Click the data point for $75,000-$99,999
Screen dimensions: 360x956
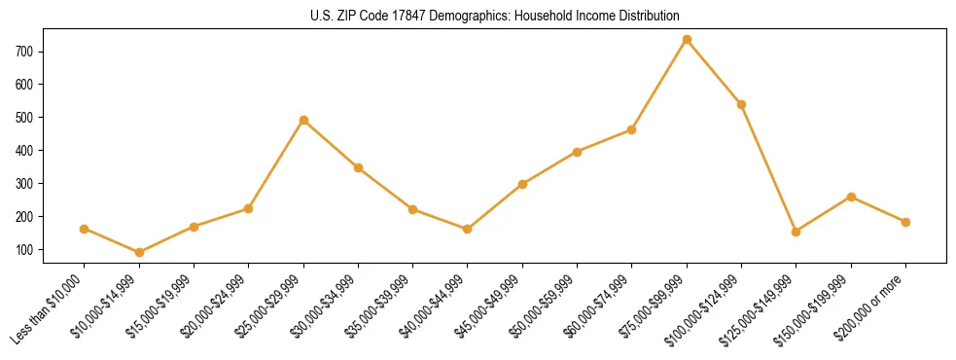[687, 40]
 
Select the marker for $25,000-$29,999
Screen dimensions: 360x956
[303, 121]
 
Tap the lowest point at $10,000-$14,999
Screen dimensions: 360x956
[139, 253]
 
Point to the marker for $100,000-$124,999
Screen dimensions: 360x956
[742, 104]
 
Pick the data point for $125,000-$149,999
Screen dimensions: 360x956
[797, 232]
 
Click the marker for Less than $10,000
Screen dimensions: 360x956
[85, 229]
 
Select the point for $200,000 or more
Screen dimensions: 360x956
[906, 222]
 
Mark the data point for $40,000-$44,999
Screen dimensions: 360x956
[468, 229]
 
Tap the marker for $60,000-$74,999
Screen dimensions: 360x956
[632, 129]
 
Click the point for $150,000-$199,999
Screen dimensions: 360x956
[851, 197]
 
